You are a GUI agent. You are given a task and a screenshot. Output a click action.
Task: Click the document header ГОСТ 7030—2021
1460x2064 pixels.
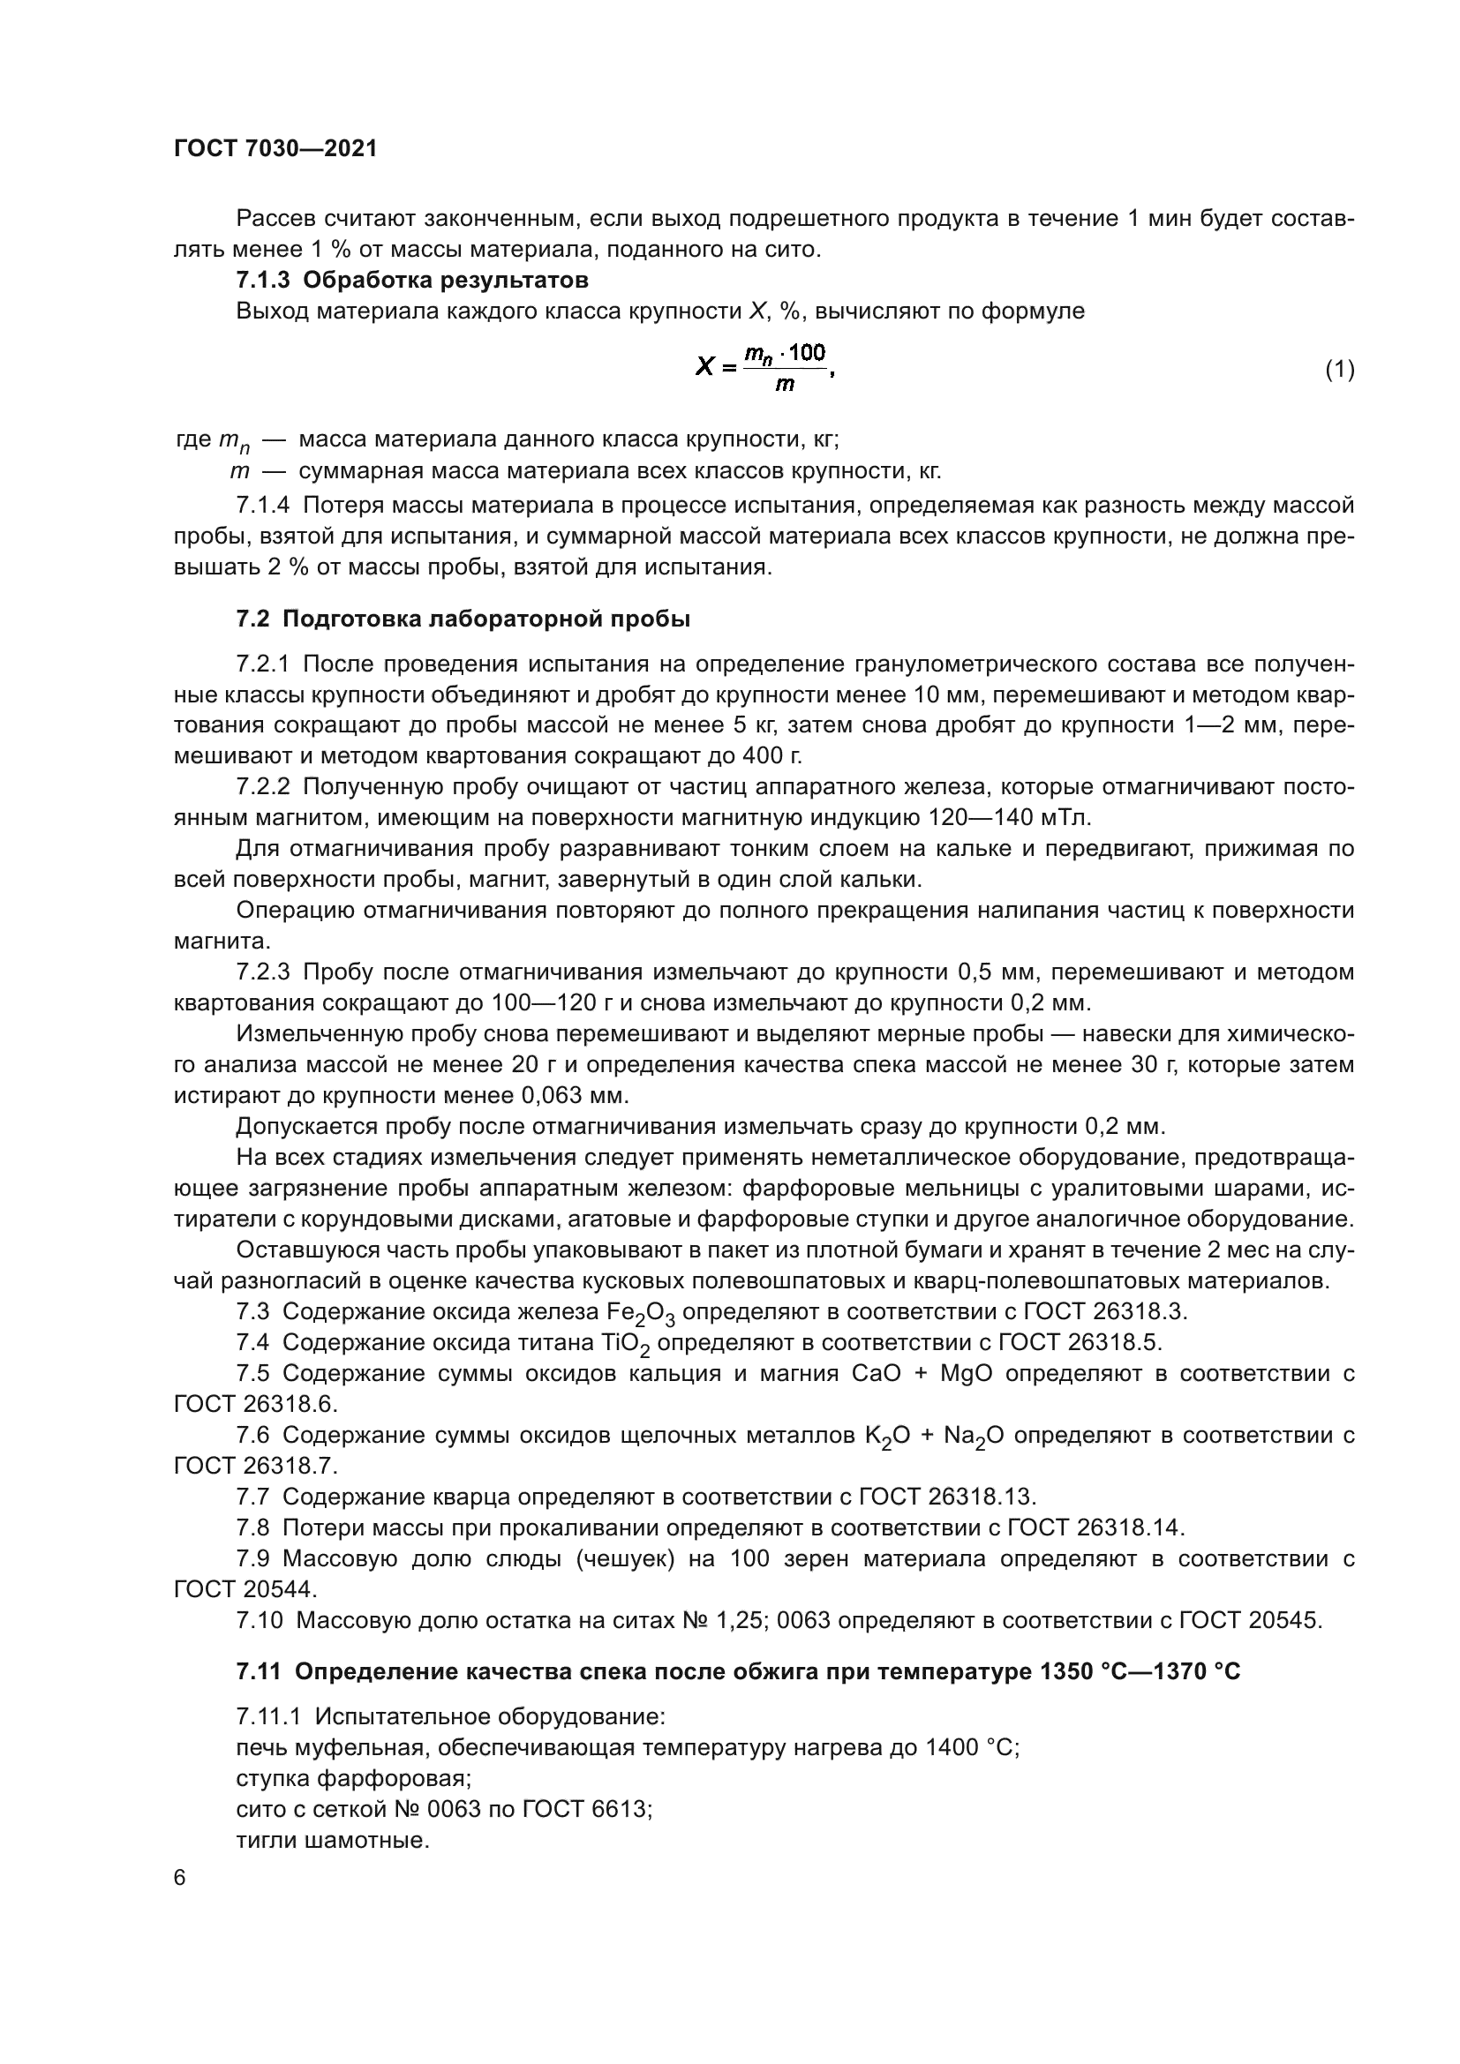tap(275, 149)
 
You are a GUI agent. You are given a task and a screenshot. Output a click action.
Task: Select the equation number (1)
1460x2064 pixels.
tap(1340, 369)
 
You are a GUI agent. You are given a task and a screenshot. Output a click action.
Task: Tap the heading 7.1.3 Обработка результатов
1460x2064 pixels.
tap(411, 280)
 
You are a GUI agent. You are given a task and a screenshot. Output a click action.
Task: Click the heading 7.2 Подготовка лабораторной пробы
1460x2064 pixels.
tap(463, 619)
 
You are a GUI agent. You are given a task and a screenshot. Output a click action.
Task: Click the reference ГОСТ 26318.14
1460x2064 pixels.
tap(1096, 1527)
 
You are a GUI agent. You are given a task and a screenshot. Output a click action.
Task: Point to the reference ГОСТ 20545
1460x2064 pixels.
tap(1250, 1620)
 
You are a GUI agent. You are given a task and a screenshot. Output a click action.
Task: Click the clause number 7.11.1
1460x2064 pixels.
tap(271, 1716)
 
